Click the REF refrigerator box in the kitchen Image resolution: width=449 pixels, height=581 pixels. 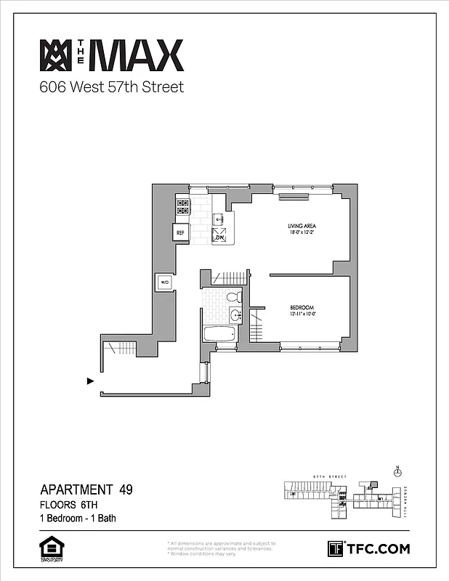coord(181,232)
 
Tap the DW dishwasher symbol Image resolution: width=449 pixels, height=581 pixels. coord(220,237)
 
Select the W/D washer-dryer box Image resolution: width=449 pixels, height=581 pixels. coord(165,282)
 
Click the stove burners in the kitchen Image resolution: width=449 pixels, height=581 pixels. coord(182,208)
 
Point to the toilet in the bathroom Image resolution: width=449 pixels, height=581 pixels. coord(232,296)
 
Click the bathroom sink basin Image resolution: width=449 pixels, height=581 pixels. coord(235,316)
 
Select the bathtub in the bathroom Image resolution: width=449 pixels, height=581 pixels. coord(219,336)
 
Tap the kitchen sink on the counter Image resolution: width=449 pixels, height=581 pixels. coord(219,219)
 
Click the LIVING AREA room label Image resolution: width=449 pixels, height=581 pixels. coord(302,226)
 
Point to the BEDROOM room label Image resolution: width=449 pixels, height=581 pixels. coord(300,307)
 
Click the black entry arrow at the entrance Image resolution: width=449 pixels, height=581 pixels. coord(91,381)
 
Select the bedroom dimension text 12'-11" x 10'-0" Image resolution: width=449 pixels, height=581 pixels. coord(300,314)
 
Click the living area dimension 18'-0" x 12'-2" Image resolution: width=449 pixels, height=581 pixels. coord(302,233)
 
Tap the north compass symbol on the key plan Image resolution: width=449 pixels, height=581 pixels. coord(397,472)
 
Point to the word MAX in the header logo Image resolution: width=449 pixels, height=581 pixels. coord(138,56)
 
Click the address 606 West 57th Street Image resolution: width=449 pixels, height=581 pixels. coord(111,88)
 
